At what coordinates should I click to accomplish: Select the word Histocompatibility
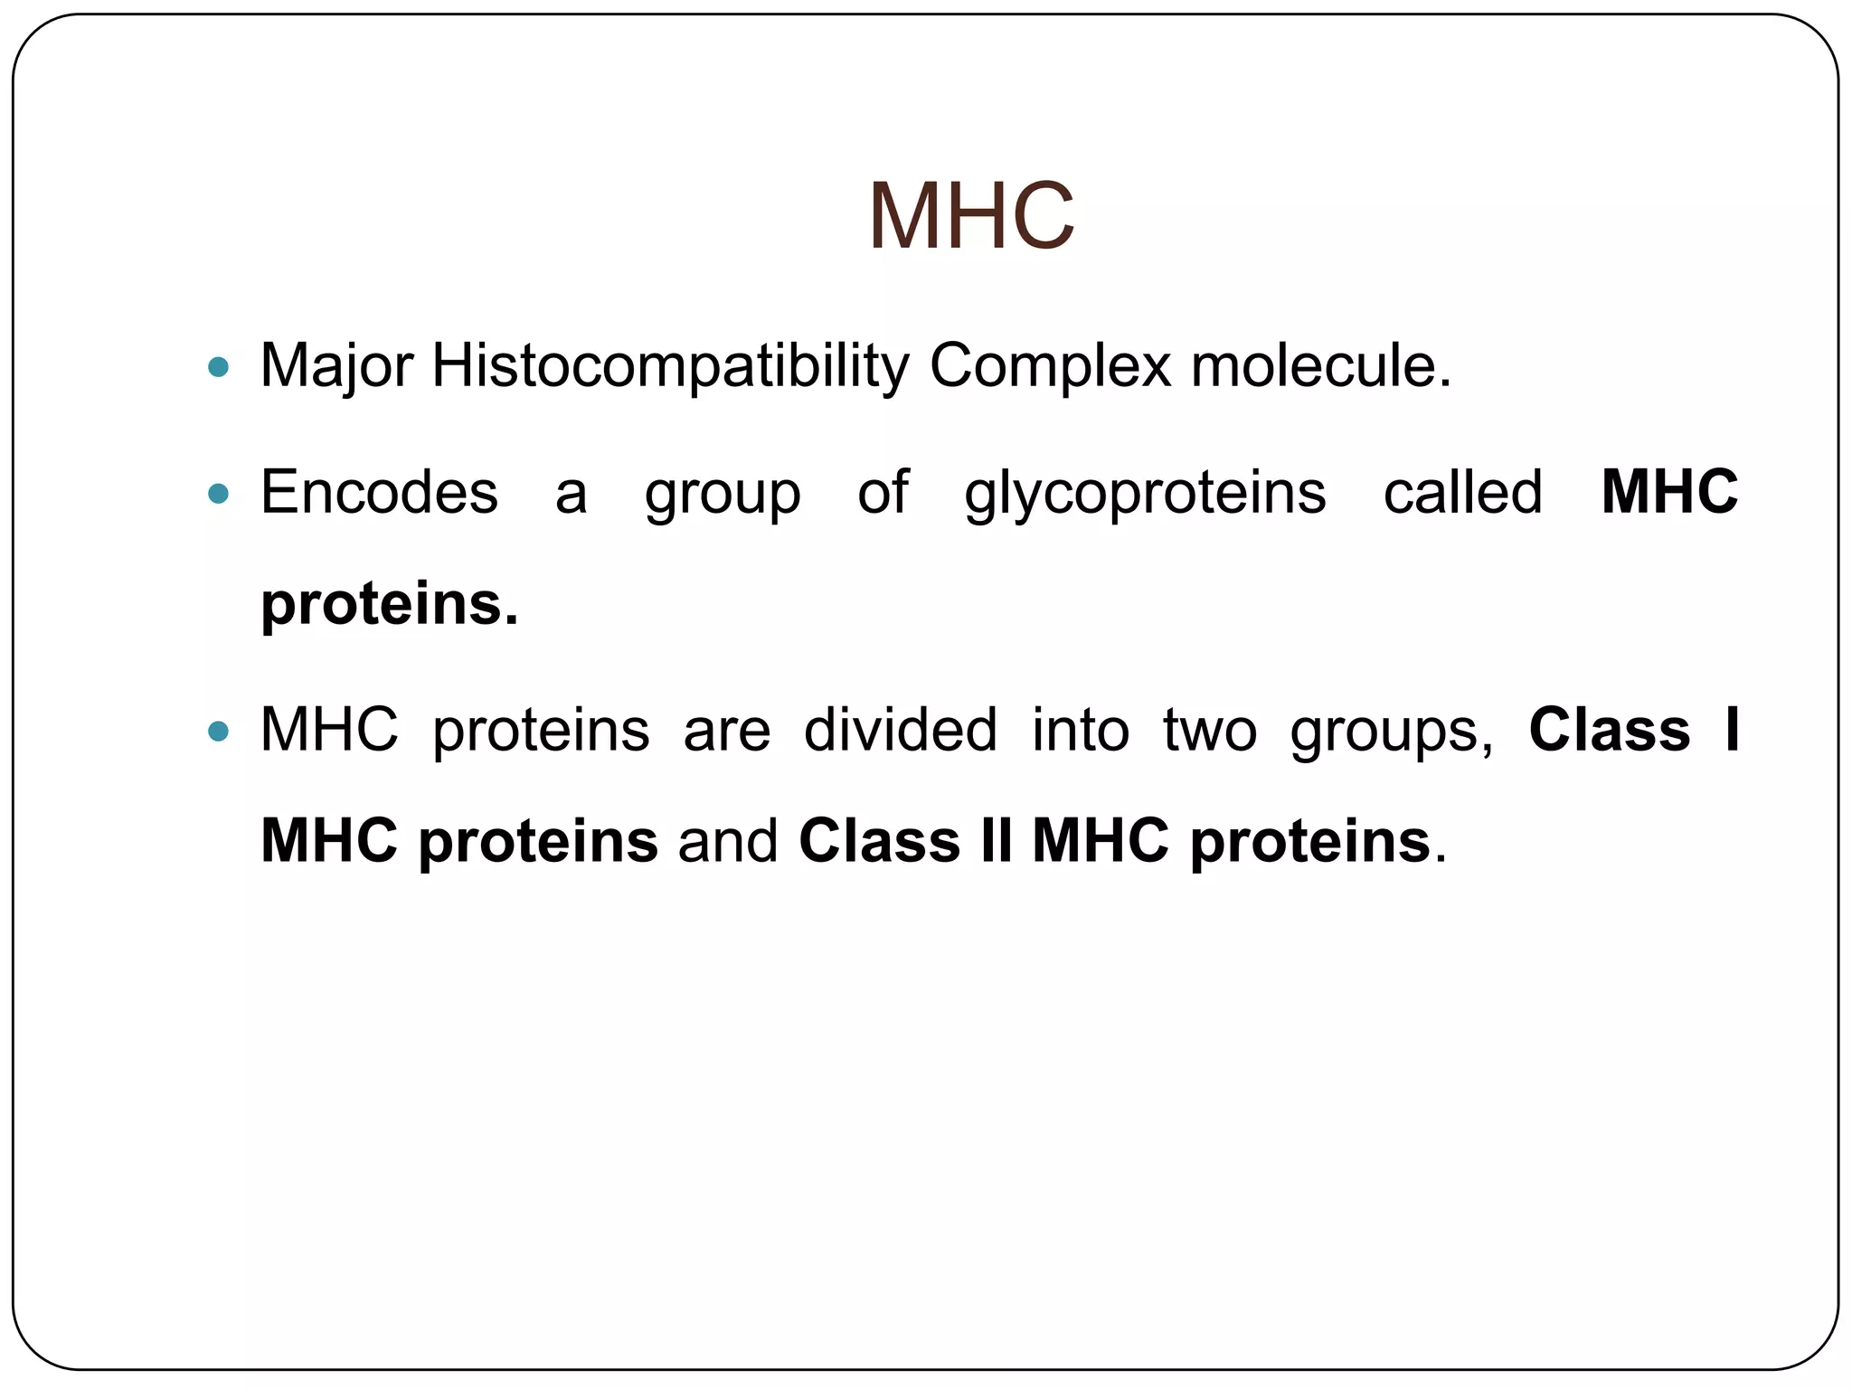[670, 366]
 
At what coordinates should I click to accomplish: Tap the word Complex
[1050, 366]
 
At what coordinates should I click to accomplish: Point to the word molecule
[1319, 366]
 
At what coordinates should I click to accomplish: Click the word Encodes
[379, 493]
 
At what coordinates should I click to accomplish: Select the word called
[1462, 493]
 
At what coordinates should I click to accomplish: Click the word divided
[900, 730]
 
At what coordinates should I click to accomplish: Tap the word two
[1209, 730]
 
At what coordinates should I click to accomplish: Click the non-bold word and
[728, 841]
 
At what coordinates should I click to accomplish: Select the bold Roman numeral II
[995, 841]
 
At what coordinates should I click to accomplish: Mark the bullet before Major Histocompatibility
[219, 367]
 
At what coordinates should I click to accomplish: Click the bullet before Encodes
[219, 494]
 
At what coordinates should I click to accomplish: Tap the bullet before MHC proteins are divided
[219, 731]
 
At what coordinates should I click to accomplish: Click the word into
[1081, 730]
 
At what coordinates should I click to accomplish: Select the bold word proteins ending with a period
[390, 604]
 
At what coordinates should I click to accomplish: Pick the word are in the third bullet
[727, 731]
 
